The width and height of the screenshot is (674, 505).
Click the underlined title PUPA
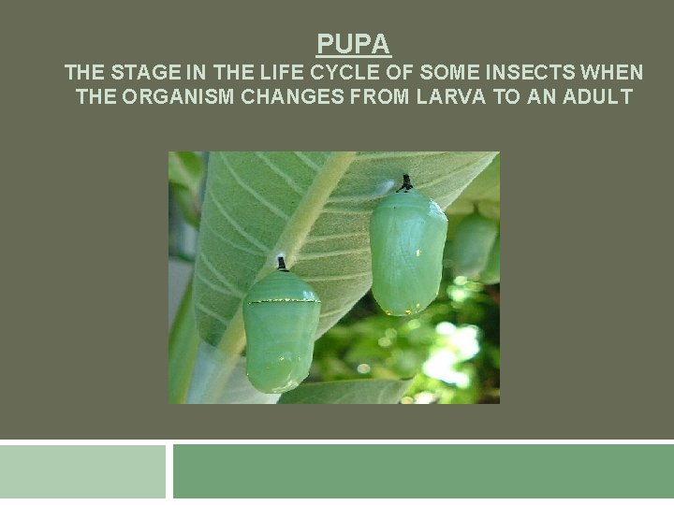(x=354, y=44)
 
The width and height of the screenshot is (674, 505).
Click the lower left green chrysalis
(x=280, y=332)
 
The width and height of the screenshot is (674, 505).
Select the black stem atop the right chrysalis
(x=405, y=183)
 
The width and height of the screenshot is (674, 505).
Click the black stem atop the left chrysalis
(x=280, y=264)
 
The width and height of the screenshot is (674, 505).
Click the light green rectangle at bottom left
(x=82, y=472)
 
